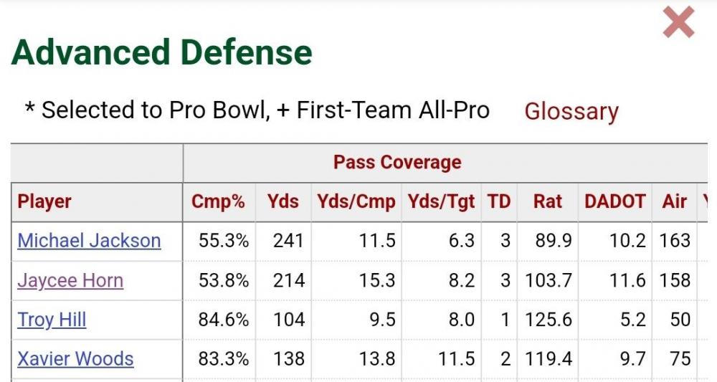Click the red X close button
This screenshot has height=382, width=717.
[678, 23]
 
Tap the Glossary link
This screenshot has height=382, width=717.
[571, 111]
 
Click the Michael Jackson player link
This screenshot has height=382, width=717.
[89, 240]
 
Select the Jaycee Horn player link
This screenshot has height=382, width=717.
[70, 280]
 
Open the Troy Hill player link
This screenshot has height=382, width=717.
[52, 319]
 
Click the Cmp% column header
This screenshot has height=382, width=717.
[218, 201]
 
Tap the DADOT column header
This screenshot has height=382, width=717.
[615, 201]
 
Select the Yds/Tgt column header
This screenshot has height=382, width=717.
[441, 201]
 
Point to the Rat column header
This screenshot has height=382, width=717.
[548, 201]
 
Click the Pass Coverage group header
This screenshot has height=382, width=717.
[397, 162]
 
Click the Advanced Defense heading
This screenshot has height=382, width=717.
[162, 52]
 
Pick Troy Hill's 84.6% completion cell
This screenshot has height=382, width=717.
[224, 319]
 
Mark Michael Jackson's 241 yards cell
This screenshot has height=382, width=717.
[288, 240]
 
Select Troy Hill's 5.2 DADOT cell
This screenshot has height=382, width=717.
[632, 319]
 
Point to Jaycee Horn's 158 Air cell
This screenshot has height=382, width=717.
[675, 280]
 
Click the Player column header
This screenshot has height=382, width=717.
[44, 201]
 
